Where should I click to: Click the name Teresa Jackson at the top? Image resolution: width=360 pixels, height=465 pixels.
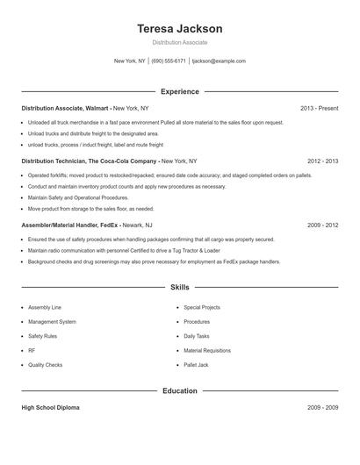[179, 29]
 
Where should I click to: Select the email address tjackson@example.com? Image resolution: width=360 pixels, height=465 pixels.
[218, 61]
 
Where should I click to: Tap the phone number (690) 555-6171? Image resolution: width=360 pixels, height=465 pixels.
[169, 61]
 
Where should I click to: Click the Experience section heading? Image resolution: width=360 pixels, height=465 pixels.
[179, 91]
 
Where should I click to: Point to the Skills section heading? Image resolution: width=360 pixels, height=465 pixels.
[179, 287]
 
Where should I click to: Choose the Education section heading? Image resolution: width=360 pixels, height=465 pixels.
[179, 390]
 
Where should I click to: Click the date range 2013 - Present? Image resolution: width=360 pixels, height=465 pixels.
[319, 108]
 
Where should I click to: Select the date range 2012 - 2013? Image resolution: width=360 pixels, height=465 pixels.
[322, 161]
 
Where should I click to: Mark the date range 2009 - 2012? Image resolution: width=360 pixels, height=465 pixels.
[322, 225]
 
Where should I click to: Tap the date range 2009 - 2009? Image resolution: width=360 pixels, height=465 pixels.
[322, 408]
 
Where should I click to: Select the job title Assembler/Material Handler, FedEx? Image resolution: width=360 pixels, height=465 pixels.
[69, 225]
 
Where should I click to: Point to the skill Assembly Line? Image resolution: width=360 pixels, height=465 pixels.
[45, 308]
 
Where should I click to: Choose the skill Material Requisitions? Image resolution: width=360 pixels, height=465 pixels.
[207, 350]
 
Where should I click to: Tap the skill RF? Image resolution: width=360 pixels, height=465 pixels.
[32, 350]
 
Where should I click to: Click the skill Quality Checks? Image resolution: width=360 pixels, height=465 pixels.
[46, 364]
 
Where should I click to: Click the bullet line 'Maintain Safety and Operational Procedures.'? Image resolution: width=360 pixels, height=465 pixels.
[78, 198]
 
